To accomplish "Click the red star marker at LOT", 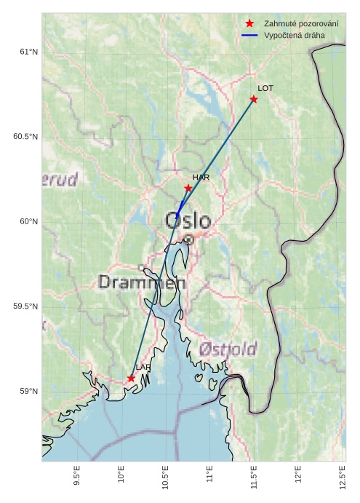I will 254,99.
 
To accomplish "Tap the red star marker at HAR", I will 188,188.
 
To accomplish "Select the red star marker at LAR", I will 132,379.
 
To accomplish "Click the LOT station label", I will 265,88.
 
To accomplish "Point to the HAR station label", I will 201,177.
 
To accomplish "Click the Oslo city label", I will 188,221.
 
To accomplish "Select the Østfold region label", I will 228,349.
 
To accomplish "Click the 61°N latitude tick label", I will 28,52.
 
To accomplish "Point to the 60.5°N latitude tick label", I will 25,137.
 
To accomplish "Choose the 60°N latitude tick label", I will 28,221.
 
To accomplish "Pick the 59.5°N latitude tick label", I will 25,306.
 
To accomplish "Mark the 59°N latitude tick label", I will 28,392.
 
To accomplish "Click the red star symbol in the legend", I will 249,24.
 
